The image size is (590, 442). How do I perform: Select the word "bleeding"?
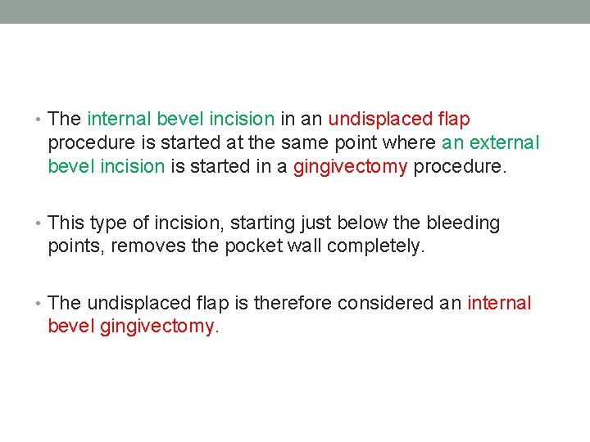click(462, 223)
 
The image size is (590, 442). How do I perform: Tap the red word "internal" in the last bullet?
click(499, 304)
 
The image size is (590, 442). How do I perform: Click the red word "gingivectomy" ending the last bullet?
click(160, 327)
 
